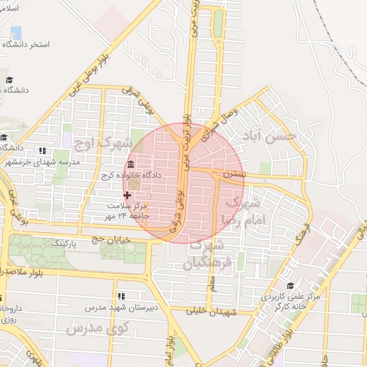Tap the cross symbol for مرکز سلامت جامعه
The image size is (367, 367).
(x=128, y=194)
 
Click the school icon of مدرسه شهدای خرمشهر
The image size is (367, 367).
(x=41, y=151)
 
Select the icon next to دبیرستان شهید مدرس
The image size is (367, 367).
(x=120, y=295)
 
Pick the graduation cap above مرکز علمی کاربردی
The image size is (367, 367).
(x=290, y=285)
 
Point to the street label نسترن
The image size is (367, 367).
(x=233, y=174)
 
